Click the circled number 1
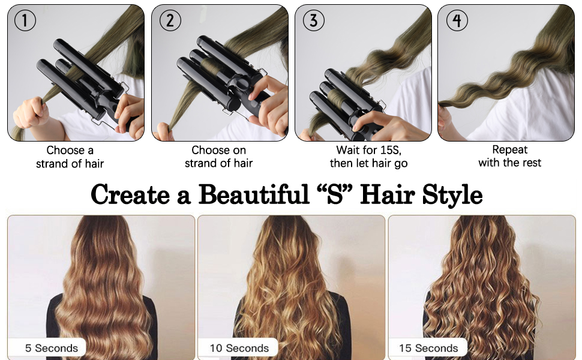click(x=25, y=20)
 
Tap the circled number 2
click(x=170, y=20)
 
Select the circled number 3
click(x=314, y=20)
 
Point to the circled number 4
click(x=457, y=20)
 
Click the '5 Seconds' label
click(x=51, y=348)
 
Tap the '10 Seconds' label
click(x=239, y=348)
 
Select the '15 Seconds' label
click(x=428, y=348)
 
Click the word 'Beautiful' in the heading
click(x=254, y=194)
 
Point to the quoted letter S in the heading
click(x=335, y=194)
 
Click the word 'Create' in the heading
click(x=131, y=194)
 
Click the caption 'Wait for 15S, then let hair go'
click(x=368, y=157)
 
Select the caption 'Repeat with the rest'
click(x=509, y=156)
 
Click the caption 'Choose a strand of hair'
click(x=70, y=157)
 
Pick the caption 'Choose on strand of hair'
click(x=218, y=157)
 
